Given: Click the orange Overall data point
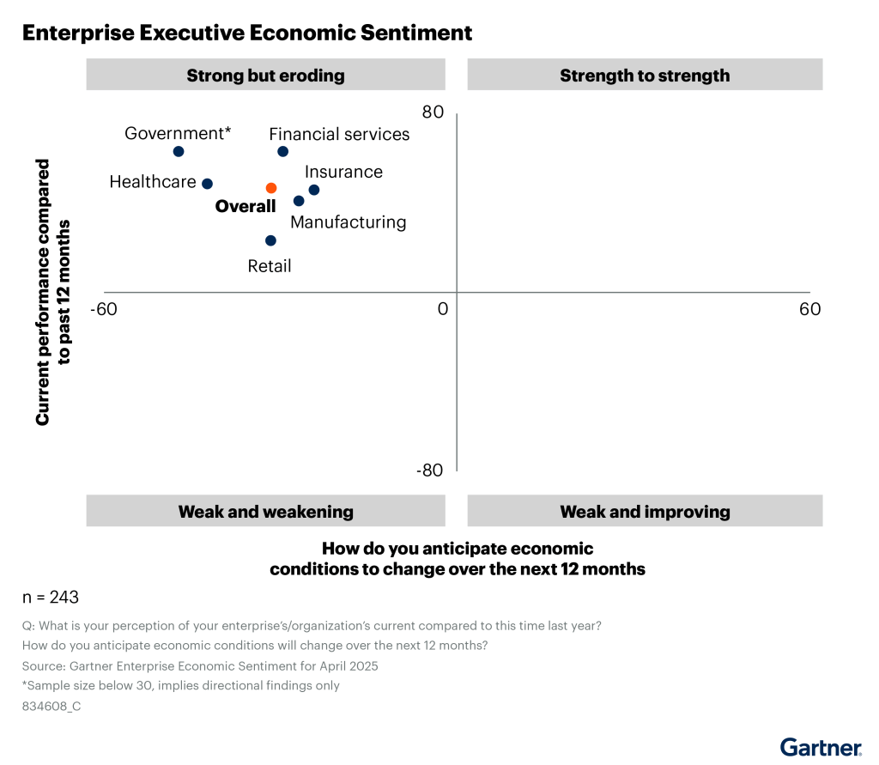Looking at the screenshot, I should (270, 188).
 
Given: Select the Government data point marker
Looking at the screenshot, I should (179, 151).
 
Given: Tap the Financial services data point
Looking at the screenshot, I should (282, 151).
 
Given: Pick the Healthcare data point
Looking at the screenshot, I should (207, 184).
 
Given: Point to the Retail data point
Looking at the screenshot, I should (270, 241).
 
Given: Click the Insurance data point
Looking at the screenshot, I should (314, 190).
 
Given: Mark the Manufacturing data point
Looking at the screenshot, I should (299, 201).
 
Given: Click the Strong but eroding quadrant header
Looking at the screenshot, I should (265, 76).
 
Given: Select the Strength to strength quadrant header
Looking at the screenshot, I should (645, 76).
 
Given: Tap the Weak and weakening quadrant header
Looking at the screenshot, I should (265, 512).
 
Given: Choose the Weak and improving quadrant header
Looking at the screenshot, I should (645, 512).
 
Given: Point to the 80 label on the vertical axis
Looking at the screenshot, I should (432, 112).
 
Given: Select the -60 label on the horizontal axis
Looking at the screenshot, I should (105, 309).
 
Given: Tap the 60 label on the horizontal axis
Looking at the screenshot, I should (809, 309).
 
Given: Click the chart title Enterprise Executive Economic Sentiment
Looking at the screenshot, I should (247, 33).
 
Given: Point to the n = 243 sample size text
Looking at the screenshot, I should (51, 597).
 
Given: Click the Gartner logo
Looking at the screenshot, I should (820, 746).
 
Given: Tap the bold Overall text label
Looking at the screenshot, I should (246, 207).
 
